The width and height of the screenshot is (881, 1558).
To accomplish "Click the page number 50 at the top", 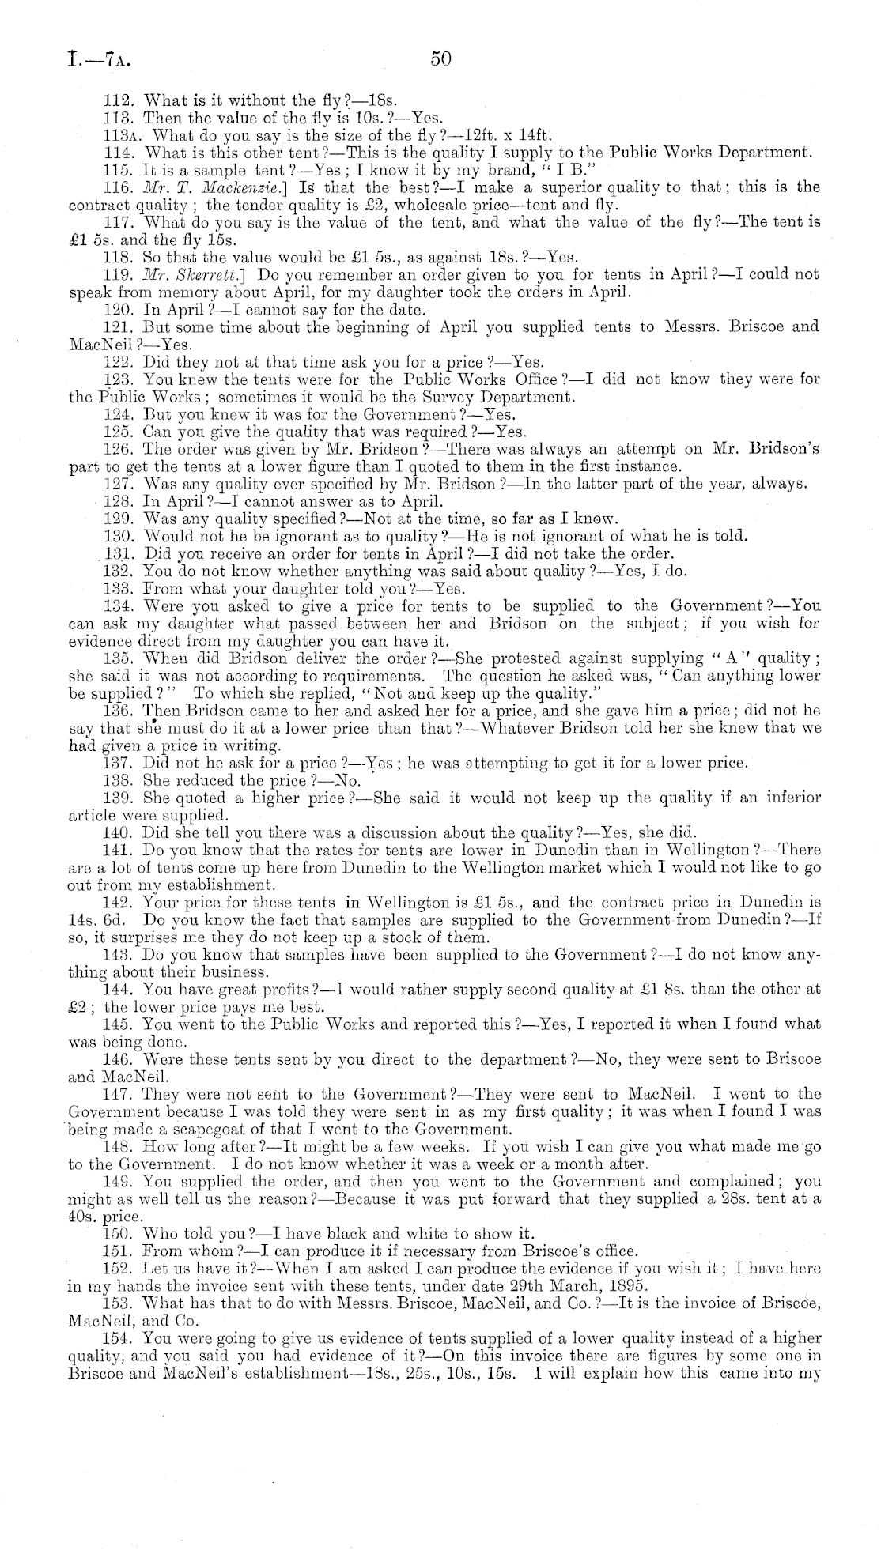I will click(x=440, y=58).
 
